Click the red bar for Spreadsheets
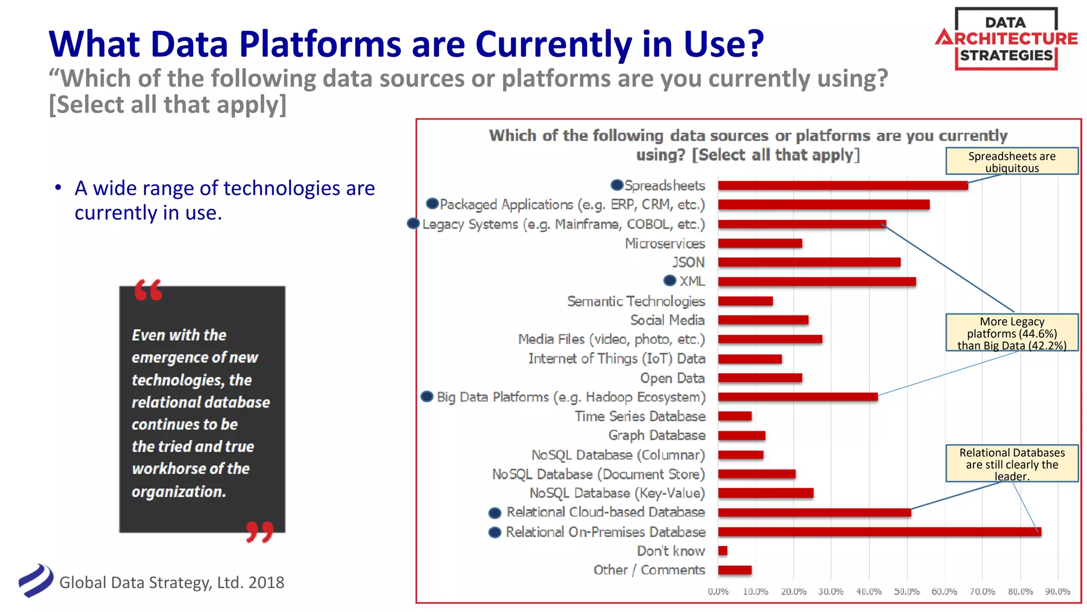pyautogui.click(x=842, y=185)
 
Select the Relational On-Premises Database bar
pyautogui.click(x=879, y=532)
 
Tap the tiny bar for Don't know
pyautogui.click(x=722, y=551)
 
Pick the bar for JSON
pyautogui.click(x=809, y=262)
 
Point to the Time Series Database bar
pyautogui.click(x=735, y=416)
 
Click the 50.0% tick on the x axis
pyautogui.click(x=907, y=591)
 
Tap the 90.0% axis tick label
pyautogui.click(x=1057, y=591)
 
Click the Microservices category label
pyautogui.click(x=665, y=243)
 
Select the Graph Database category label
pyautogui.click(x=657, y=436)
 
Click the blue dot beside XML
pyautogui.click(x=670, y=280)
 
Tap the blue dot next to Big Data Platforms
pyautogui.click(x=427, y=396)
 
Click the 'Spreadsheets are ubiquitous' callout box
pyautogui.click(x=1012, y=161)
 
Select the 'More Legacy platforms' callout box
pyautogui.click(x=1012, y=333)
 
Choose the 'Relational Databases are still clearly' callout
pyautogui.click(x=1012, y=464)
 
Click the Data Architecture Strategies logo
pyautogui.click(x=1006, y=39)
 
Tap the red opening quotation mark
pyautogui.click(x=148, y=290)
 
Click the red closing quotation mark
pyautogui.click(x=260, y=531)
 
